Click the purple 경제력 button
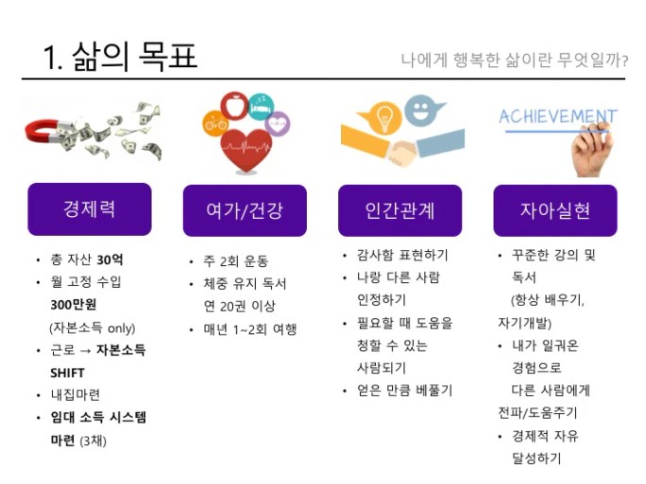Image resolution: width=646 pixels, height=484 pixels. click(x=90, y=209)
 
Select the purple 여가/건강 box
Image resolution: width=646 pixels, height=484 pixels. click(x=245, y=210)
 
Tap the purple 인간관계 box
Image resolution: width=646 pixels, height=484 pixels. click(x=399, y=210)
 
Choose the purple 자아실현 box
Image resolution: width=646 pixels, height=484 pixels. click(x=555, y=210)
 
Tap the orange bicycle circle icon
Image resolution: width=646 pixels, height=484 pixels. click(x=215, y=123)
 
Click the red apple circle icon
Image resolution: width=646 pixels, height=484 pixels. click(x=234, y=106)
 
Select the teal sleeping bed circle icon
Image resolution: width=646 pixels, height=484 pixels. click(x=262, y=107)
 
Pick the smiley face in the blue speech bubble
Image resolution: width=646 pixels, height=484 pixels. click(x=420, y=109)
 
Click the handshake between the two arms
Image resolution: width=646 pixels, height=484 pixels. click(x=403, y=152)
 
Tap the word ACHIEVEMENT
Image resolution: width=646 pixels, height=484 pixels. click(x=558, y=116)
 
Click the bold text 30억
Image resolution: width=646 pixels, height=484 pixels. click(x=110, y=259)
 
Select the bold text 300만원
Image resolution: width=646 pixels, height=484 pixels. click(x=74, y=305)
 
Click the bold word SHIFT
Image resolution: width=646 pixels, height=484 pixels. click(x=67, y=373)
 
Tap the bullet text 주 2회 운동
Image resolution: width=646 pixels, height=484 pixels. click(x=236, y=261)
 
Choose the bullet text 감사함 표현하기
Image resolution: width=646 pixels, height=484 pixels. click(x=402, y=255)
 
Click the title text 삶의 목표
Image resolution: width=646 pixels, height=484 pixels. click(x=135, y=57)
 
